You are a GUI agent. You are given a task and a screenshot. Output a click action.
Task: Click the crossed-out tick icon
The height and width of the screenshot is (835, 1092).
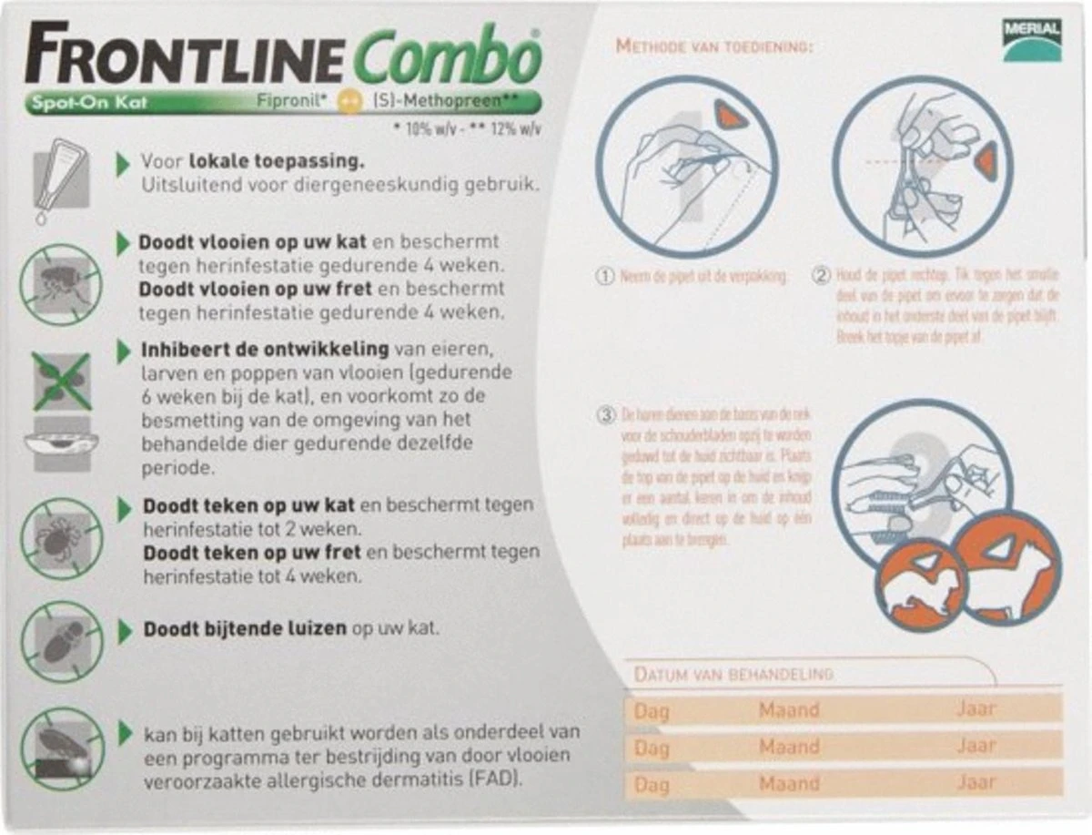point(62,538)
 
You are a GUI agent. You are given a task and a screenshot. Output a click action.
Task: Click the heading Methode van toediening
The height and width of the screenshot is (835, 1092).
point(713,46)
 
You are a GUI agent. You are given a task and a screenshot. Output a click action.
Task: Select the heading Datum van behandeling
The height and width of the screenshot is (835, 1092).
point(733,675)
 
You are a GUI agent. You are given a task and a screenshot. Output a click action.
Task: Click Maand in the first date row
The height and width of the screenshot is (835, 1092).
point(789,709)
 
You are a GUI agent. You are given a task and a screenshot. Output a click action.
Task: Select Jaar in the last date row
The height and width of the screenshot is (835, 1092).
point(976,782)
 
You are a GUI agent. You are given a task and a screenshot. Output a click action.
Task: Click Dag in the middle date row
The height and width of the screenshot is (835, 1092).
point(651,748)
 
